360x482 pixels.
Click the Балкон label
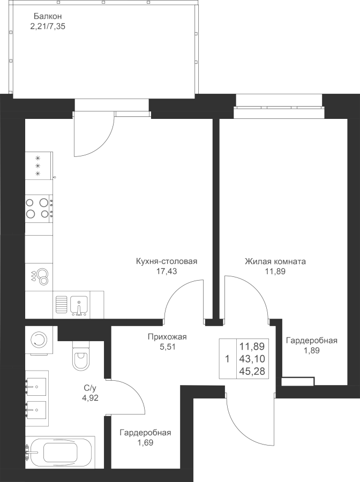pos(43,16)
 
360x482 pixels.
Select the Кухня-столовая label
pos(167,262)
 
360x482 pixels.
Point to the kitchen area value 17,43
pos(166,272)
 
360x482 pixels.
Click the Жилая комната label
pos(275,262)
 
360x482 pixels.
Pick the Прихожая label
pos(167,337)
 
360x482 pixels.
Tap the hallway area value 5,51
pos(166,347)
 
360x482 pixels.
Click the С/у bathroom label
pos(89,388)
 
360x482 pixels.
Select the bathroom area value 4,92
pos(89,397)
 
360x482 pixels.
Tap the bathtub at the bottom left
pos(59,451)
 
